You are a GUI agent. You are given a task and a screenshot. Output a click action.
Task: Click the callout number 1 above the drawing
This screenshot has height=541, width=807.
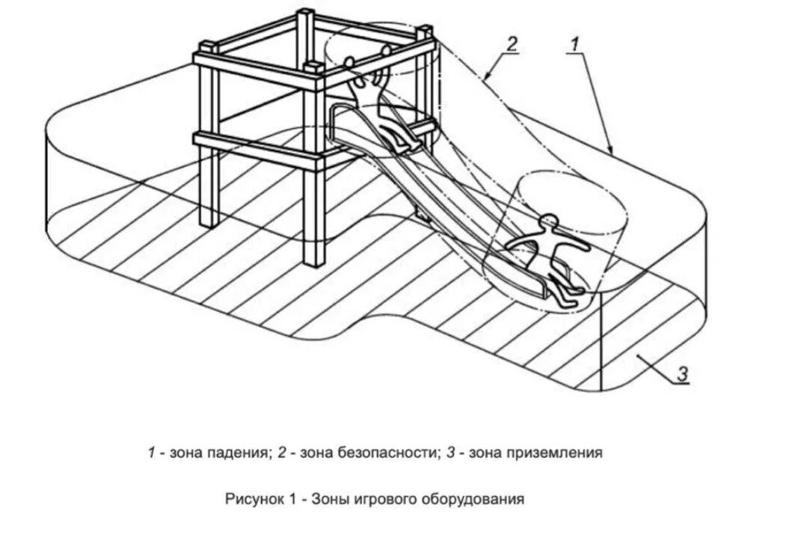point(574,44)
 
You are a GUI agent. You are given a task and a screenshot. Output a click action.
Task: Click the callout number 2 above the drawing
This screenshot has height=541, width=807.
point(512,43)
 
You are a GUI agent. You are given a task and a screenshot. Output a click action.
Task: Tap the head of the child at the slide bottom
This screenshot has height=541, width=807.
point(550,221)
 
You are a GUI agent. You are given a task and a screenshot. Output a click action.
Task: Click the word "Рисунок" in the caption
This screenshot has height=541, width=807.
point(251,498)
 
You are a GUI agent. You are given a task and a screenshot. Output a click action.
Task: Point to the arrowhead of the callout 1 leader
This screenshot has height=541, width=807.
point(611,153)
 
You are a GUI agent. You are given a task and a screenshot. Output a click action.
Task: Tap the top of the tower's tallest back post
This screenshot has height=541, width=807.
point(306,13)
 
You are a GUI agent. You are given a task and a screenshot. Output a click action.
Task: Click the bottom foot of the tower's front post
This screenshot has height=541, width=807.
point(314,263)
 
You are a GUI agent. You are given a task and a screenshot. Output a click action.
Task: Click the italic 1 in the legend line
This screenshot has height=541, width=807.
point(150,453)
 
